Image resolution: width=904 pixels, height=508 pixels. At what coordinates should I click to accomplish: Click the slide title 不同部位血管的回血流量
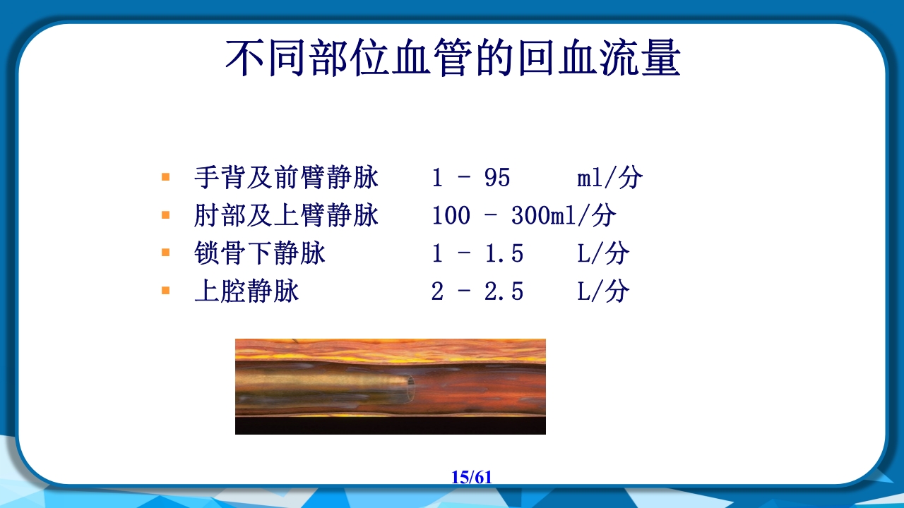[x=452, y=58]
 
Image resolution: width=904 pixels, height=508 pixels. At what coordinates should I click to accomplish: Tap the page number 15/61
[x=471, y=477]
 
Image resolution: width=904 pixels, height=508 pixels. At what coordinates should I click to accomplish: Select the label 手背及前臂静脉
[x=286, y=178]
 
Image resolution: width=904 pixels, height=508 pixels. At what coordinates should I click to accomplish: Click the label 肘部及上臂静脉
[x=286, y=216]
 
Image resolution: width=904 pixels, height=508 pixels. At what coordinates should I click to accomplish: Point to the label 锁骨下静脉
[x=260, y=253]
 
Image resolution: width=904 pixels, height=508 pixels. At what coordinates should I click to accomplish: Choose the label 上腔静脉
[x=246, y=291]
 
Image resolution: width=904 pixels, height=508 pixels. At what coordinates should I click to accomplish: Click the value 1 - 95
[x=470, y=178]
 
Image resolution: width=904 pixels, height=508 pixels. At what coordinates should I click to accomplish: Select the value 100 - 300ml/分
[x=523, y=216]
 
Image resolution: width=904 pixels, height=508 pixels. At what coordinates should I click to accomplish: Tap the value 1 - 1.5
[x=477, y=253]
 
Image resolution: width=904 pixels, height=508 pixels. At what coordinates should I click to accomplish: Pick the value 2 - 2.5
[x=477, y=291]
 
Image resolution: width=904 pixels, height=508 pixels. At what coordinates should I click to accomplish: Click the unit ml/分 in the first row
[x=609, y=178]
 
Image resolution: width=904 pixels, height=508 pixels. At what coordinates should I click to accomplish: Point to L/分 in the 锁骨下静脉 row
[x=602, y=253]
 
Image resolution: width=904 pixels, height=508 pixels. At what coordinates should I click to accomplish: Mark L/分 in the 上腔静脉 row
[x=602, y=291]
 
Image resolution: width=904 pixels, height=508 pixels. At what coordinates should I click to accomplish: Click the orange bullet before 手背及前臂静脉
[x=166, y=177]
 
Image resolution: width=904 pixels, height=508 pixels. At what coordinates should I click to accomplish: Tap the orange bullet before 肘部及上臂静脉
[x=166, y=214]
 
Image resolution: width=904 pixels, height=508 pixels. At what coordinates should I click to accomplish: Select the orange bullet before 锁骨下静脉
[x=166, y=252]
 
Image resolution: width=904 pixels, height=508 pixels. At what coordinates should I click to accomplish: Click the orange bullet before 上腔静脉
[x=166, y=290]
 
